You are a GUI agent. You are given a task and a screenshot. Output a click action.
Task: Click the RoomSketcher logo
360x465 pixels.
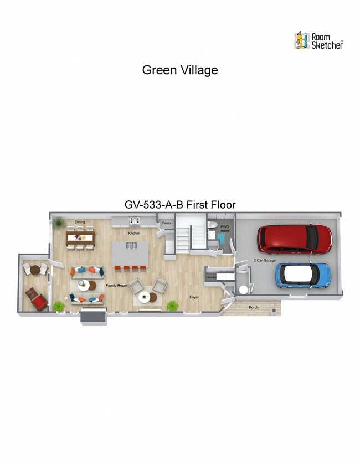(318, 40)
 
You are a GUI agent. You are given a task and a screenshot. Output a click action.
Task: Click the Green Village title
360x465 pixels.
(180, 70)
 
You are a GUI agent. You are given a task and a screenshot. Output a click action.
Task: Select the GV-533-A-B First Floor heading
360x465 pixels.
(180, 205)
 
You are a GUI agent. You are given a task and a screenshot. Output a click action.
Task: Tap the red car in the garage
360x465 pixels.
(295, 239)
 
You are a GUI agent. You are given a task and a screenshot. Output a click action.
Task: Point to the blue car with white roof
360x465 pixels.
(303, 274)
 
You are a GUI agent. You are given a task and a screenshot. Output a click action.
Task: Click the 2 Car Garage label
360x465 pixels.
(264, 260)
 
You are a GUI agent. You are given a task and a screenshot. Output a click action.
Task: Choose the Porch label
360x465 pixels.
(254, 307)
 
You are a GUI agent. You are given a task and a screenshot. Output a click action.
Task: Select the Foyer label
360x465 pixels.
(194, 297)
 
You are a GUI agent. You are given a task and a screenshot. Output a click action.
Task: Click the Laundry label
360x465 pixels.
(210, 277)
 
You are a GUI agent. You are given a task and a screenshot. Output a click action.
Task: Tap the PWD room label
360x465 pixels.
(225, 229)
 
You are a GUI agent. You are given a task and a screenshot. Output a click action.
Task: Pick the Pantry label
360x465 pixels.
(167, 223)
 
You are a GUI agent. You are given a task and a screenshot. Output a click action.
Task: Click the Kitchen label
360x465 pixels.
(134, 233)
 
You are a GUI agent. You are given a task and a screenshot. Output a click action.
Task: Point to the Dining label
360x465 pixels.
(80, 223)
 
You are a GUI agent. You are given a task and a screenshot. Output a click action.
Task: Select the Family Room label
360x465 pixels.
(117, 285)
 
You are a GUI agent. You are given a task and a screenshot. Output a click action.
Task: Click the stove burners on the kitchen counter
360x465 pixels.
(134, 221)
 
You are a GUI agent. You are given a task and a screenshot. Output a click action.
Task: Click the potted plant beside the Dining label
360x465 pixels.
(59, 222)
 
